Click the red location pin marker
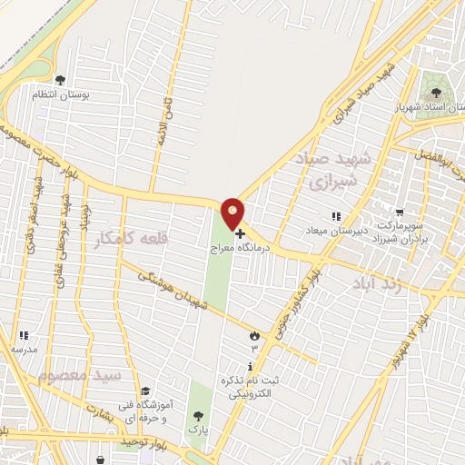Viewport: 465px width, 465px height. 233,213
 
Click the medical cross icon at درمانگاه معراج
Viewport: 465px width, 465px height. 239,234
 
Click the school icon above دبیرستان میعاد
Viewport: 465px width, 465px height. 335,215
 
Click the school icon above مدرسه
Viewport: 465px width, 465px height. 23,335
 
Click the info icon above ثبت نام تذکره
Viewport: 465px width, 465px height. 237,364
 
